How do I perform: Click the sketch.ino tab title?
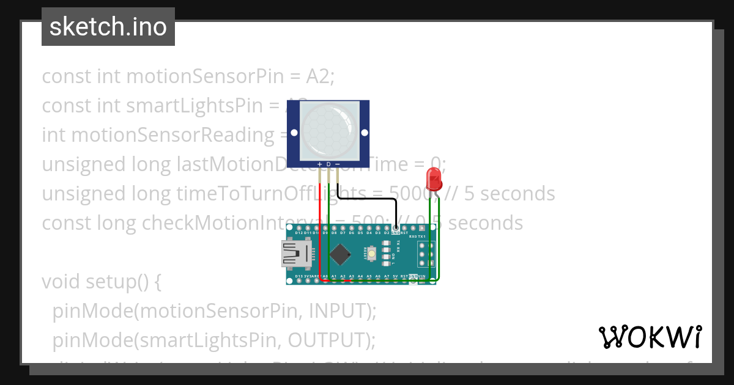108,27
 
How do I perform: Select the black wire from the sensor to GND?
367,199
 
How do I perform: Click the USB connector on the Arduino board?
296,253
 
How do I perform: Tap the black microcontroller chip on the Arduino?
339,254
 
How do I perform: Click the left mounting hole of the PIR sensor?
294,132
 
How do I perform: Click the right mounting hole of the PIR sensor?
365,132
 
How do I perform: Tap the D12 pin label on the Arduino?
298,233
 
